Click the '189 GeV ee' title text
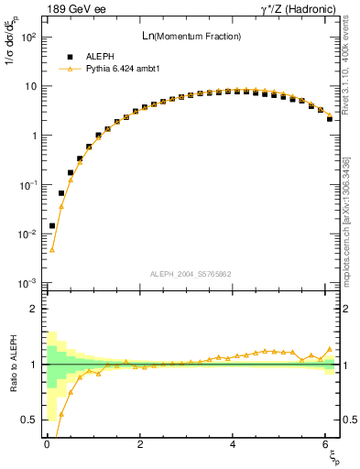point(72,10)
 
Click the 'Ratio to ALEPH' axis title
point(12,364)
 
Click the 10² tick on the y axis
point(28,38)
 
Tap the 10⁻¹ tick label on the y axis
point(28,185)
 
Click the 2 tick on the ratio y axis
point(34,309)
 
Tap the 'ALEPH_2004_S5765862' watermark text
point(190,274)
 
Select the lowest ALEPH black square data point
point(52,225)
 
